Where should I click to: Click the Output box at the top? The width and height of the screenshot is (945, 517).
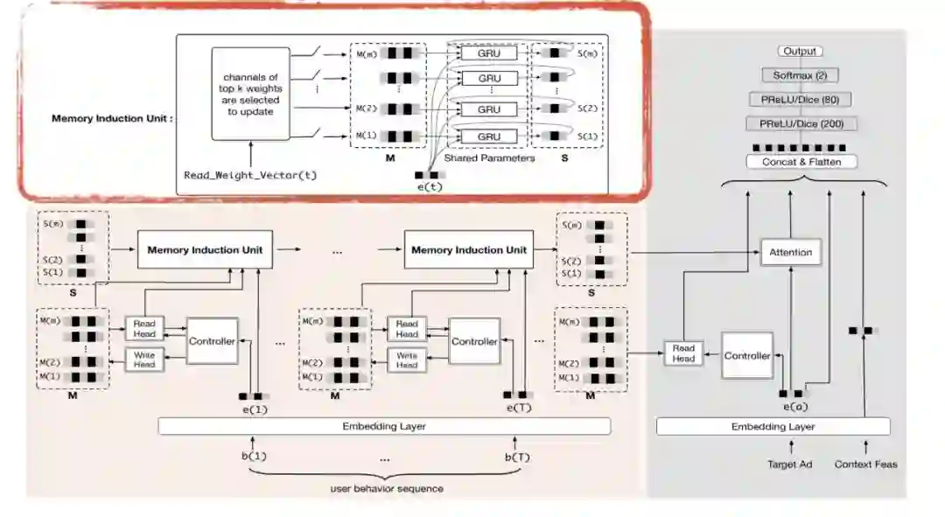(800, 52)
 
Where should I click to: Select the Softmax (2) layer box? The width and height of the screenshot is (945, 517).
(800, 75)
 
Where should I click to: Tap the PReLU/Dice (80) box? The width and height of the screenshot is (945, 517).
(800, 100)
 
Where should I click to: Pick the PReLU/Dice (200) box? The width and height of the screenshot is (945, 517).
(800, 124)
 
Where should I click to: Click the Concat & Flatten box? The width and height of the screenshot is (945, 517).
(800, 162)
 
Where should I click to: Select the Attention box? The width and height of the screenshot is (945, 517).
(790, 252)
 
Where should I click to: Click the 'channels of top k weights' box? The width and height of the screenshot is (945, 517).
(251, 94)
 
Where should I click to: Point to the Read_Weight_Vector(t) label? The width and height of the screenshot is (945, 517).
(250, 175)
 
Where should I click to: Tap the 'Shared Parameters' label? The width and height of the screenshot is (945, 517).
(489, 158)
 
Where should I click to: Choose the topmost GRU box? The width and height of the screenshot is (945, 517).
(489, 53)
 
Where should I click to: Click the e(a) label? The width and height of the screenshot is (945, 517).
(794, 408)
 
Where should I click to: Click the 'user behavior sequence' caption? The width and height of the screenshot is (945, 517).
(387, 488)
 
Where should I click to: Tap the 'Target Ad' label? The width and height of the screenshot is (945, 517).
(789, 464)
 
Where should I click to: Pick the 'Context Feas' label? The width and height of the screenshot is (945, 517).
(865, 464)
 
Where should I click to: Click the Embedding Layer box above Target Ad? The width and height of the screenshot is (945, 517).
(773, 427)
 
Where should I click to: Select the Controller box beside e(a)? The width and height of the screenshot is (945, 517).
(747, 356)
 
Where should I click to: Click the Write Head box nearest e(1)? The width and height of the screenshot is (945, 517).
(143, 359)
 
